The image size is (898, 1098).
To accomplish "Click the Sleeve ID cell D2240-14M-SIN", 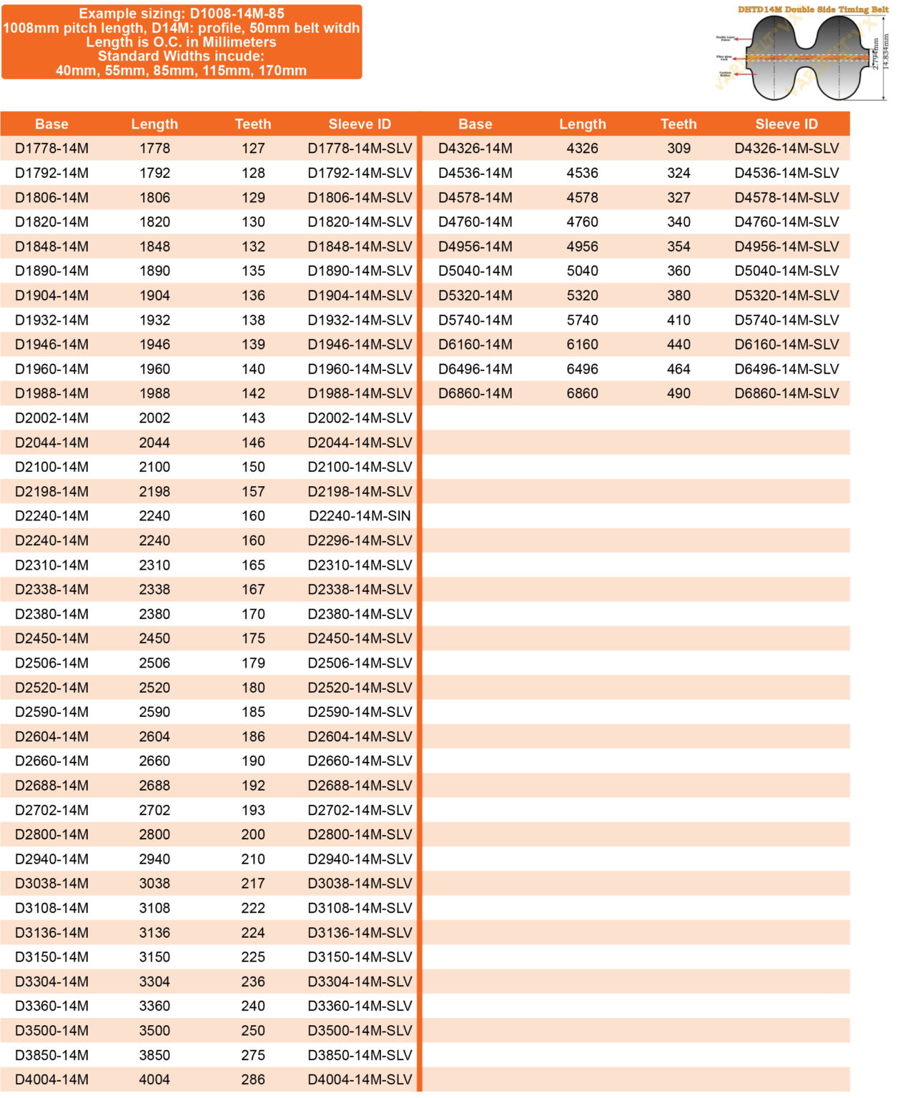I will (x=360, y=516).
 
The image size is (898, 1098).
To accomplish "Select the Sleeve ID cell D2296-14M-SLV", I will (x=360, y=540).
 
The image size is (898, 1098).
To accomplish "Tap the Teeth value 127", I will (x=253, y=149).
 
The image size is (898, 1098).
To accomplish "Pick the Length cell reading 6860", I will (x=582, y=394).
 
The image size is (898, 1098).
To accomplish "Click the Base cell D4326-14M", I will (x=475, y=149).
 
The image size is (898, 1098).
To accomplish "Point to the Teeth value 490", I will (x=679, y=394).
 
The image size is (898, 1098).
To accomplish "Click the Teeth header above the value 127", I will (x=253, y=124).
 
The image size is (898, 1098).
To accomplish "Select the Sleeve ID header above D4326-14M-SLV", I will (x=786, y=124).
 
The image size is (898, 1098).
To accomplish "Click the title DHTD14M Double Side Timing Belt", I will (x=813, y=10).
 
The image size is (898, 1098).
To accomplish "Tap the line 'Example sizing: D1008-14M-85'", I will (x=182, y=14).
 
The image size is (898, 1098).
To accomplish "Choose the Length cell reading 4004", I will (x=154, y=1080).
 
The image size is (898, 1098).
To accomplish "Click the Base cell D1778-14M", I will (x=51, y=149).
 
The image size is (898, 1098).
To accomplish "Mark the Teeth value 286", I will (x=253, y=1080).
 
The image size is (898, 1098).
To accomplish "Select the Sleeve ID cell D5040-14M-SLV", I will (x=786, y=271).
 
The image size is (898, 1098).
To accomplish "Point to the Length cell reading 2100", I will (x=154, y=468).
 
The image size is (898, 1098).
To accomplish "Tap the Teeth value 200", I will (x=253, y=835).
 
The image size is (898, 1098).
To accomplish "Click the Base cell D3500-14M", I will (x=51, y=1031).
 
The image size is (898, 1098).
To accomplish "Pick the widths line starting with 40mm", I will (x=182, y=71).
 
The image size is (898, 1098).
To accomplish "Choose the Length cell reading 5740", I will (x=582, y=320).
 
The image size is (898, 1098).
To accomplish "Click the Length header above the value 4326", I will (x=582, y=124).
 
